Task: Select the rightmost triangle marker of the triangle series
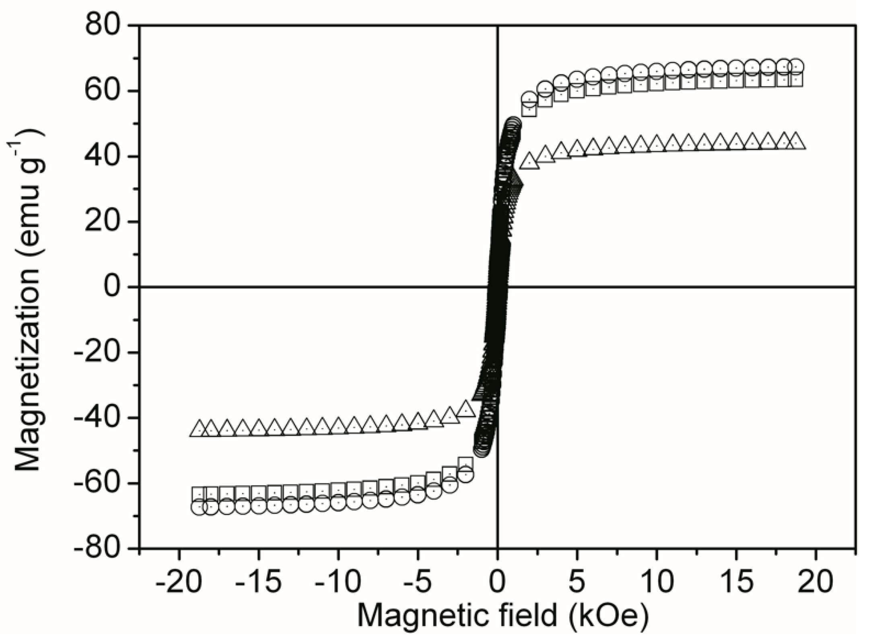(x=795, y=142)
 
